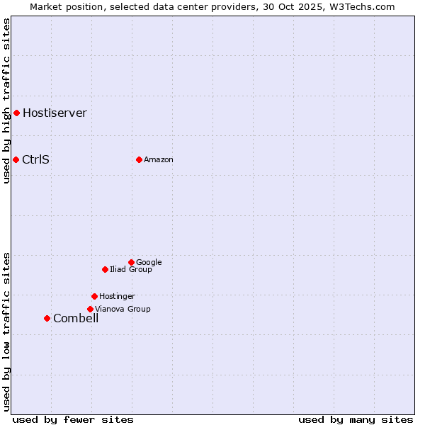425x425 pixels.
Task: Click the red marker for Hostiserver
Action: [x=16, y=113]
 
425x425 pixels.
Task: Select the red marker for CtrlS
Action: [x=16, y=159]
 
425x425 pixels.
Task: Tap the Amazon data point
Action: [x=139, y=159]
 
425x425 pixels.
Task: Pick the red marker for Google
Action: [x=131, y=262]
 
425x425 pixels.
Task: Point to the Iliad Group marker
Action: [x=105, y=269]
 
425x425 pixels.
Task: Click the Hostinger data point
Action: [x=94, y=296]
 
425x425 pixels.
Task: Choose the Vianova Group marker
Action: [x=90, y=309]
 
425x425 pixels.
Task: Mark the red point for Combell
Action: [x=47, y=318]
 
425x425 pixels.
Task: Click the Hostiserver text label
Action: [x=55, y=113]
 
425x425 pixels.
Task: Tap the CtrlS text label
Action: [x=35, y=159]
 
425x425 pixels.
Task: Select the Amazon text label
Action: [x=158, y=159]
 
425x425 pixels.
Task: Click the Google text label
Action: [x=149, y=262]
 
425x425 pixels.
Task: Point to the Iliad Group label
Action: [x=130, y=269]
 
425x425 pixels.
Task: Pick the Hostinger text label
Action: [x=117, y=296]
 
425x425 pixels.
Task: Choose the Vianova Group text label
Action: [x=123, y=309]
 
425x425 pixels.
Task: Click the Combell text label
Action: [x=76, y=318]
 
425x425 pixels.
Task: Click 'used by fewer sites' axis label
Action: [x=73, y=419]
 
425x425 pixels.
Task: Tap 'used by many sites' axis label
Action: [x=356, y=419]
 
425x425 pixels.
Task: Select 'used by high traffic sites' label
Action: [x=6, y=101]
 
